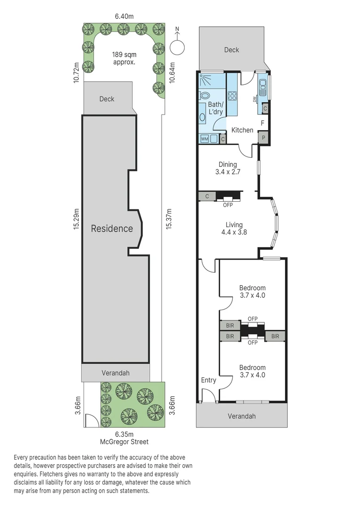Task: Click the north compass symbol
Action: coord(177,46)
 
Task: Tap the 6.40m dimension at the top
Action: coord(124,16)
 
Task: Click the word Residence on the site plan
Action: coord(112,229)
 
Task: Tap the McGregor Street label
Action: coord(124,442)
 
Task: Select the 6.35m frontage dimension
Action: coord(124,434)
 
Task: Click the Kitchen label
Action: coord(242,130)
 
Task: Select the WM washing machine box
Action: coord(205,139)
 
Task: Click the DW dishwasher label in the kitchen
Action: coord(255,99)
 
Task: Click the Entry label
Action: coord(208,380)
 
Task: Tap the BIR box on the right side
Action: coord(276,336)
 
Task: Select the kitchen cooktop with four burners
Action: coord(233,96)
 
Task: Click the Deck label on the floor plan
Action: coord(231,49)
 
